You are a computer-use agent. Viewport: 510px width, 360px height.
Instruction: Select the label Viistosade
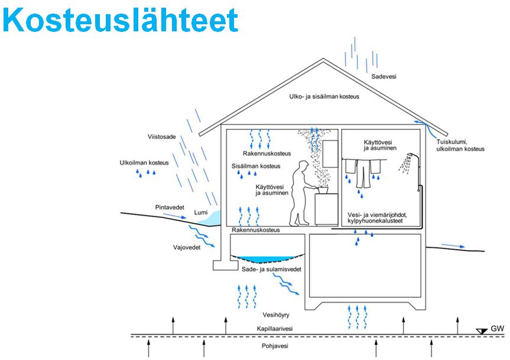click(x=161, y=137)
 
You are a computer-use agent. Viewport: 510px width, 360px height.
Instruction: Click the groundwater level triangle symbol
click(x=482, y=330)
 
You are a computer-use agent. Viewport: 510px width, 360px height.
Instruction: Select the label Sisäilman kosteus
click(x=255, y=166)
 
